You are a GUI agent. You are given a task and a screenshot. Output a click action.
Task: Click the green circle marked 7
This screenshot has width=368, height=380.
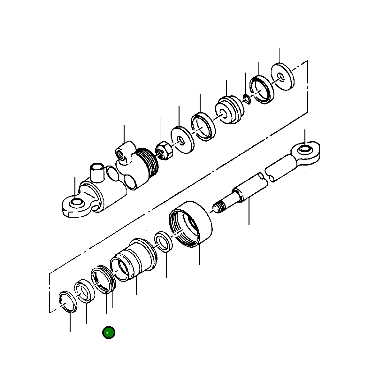[x=109, y=333]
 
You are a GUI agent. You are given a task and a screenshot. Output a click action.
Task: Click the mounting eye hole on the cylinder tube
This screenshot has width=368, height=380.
[x=76, y=203]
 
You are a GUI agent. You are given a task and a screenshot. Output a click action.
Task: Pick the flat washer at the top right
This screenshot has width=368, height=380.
[x=283, y=77]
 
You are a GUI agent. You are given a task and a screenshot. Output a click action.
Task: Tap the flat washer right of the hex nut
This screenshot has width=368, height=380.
[x=182, y=140]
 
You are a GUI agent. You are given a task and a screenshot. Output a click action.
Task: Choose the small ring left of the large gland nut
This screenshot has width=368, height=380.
[x=164, y=242]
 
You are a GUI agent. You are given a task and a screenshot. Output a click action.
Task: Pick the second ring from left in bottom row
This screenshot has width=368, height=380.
[x=85, y=291]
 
